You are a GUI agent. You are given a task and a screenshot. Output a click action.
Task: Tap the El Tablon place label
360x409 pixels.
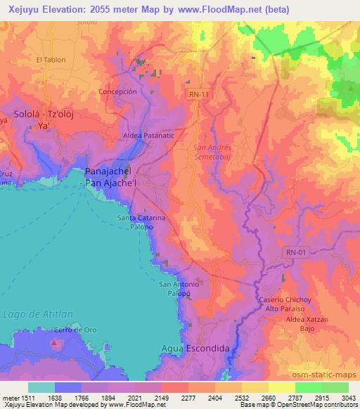coord(51,60)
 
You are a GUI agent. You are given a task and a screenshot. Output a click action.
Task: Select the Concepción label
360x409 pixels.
coord(117,91)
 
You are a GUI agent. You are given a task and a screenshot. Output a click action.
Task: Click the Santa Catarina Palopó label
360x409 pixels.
coord(143,222)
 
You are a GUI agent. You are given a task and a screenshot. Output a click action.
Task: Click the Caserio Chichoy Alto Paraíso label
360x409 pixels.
coord(285,304)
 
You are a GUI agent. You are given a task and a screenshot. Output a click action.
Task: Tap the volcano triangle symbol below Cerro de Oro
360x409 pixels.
coord(55,343)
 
